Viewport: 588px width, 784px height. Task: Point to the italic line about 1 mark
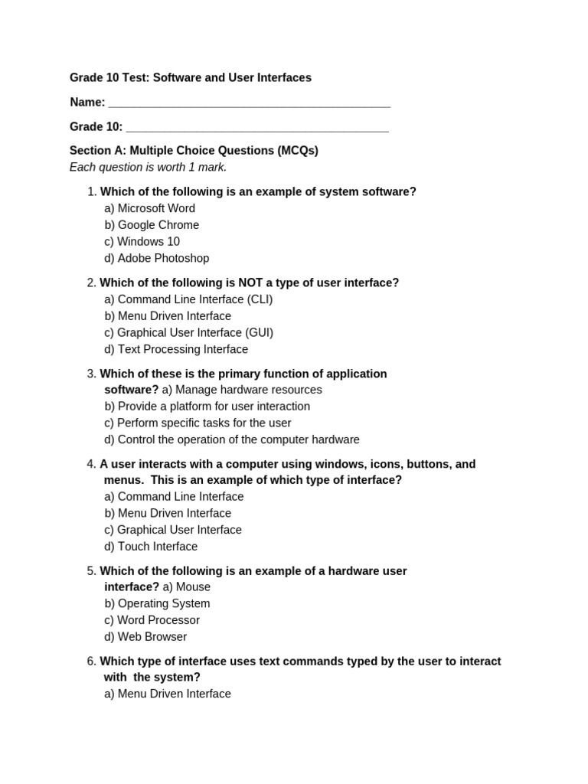149,168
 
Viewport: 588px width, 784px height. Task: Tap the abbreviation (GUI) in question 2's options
259,333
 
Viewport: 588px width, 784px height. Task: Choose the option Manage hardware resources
242,390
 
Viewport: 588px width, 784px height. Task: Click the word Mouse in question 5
193,587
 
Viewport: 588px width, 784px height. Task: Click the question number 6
91,661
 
